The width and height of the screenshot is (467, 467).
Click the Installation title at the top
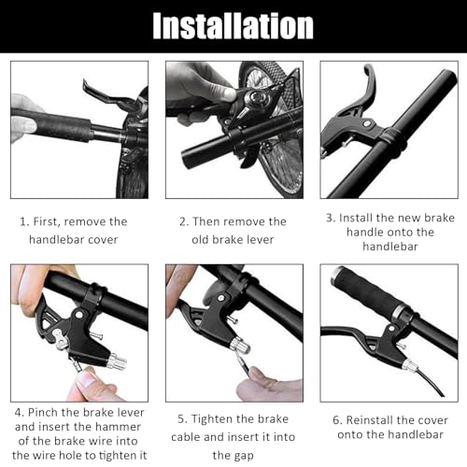click(x=233, y=26)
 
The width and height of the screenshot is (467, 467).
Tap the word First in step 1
click(x=48, y=221)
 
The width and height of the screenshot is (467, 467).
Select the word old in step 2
click(x=201, y=240)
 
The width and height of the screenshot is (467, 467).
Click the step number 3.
click(x=331, y=218)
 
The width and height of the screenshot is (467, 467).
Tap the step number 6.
click(x=337, y=420)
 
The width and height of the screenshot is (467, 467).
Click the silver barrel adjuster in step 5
click(x=240, y=345)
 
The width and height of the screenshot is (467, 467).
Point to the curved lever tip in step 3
click(x=369, y=69)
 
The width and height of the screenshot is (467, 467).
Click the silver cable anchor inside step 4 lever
click(x=61, y=339)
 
